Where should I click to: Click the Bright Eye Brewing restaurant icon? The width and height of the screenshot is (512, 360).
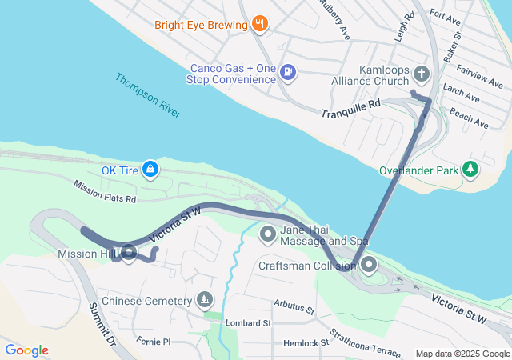click(x=258, y=25)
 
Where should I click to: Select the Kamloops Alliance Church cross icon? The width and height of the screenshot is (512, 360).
click(x=422, y=74)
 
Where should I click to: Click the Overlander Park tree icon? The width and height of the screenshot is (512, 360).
click(x=471, y=170)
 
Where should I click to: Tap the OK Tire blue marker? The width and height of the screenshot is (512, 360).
click(x=150, y=170)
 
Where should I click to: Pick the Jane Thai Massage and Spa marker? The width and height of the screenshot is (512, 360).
click(x=268, y=233)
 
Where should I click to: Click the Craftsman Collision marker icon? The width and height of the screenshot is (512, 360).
click(x=368, y=264)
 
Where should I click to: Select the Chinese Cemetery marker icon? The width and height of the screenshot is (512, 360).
click(x=206, y=300)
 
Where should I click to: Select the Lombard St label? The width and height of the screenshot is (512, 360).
click(x=248, y=323)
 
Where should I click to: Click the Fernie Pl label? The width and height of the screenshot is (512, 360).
click(x=154, y=342)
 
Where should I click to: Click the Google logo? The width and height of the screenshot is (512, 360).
click(x=27, y=350)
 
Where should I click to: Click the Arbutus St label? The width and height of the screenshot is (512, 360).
click(x=294, y=310)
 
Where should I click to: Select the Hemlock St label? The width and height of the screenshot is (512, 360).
click(x=306, y=343)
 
